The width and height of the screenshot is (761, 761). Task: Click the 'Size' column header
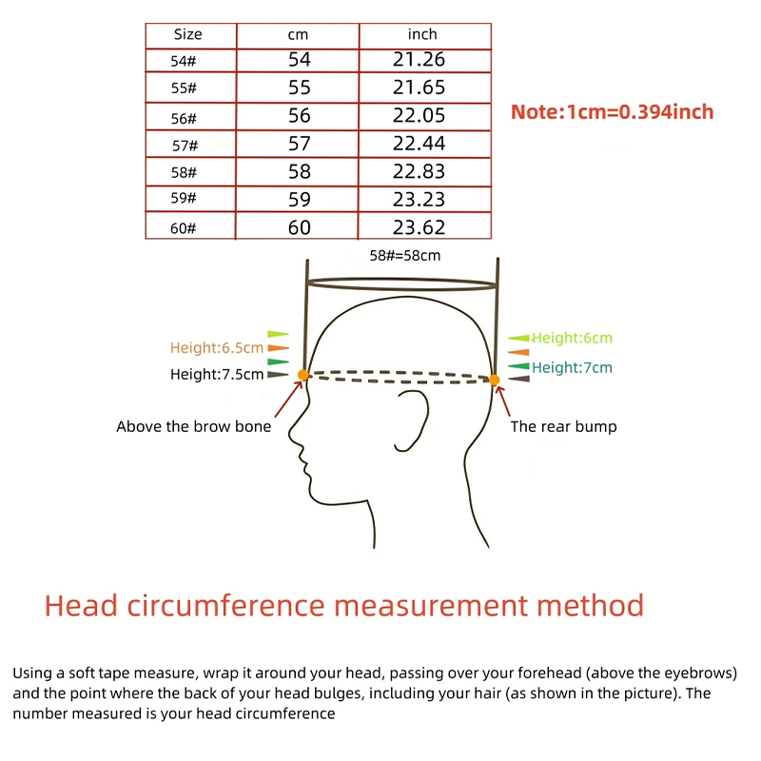pos(187,34)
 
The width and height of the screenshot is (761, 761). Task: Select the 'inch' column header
pos(422,34)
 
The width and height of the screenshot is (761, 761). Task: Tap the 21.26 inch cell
pos(419,59)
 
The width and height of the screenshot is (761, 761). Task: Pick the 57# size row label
pos(185,146)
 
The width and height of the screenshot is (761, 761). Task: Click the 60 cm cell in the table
pos(299,227)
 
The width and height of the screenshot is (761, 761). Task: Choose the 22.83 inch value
pos(419,171)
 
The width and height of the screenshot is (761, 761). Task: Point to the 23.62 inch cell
pos(419,227)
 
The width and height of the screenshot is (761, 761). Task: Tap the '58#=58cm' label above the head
pos(405,256)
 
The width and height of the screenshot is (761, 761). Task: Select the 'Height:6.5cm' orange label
pos(217,348)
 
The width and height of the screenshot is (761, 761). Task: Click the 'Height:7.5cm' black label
pos(217,374)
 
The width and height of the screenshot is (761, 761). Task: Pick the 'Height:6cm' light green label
pos(573,338)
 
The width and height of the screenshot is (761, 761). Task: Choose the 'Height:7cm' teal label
pos(573,367)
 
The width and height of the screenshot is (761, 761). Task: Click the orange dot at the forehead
pos(302,375)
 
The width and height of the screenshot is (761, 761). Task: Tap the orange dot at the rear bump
pos(494,380)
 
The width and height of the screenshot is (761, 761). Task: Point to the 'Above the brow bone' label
pos(194,426)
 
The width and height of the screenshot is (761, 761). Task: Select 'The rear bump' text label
pos(563,426)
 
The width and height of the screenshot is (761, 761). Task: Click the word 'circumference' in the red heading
pos(226,606)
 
